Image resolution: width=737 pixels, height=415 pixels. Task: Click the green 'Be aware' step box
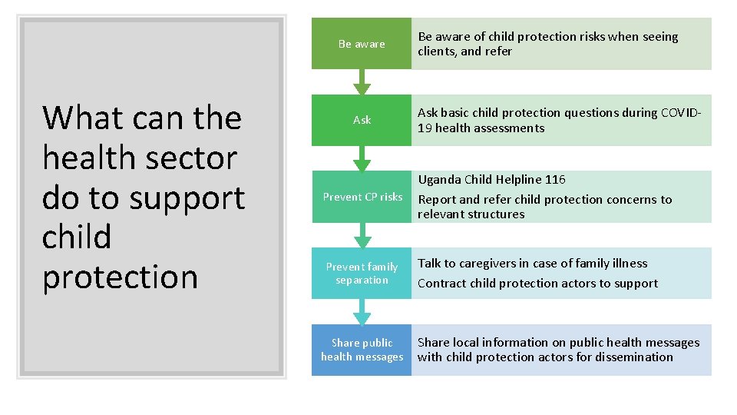(362, 44)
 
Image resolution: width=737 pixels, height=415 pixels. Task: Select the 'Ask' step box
(362, 120)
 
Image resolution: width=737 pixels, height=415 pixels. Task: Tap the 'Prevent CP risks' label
(362, 197)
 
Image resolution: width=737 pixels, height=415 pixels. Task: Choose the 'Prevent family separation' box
(362, 273)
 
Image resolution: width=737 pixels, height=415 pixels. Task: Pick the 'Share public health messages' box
(362, 350)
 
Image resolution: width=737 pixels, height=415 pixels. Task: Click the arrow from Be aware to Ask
(362, 82)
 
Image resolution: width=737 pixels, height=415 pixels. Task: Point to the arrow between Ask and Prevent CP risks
(362, 158)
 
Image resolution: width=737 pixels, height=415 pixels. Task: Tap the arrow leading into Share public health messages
(362, 311)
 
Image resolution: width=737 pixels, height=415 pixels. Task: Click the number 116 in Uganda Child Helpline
(555, 180)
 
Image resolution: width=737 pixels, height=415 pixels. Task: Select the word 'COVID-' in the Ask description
(681, 113)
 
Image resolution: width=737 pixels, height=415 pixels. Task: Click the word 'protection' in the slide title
(120, 277)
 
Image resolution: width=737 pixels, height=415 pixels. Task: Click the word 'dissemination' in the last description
(634, 357)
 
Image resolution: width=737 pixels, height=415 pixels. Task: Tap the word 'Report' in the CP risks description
(436, 200)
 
